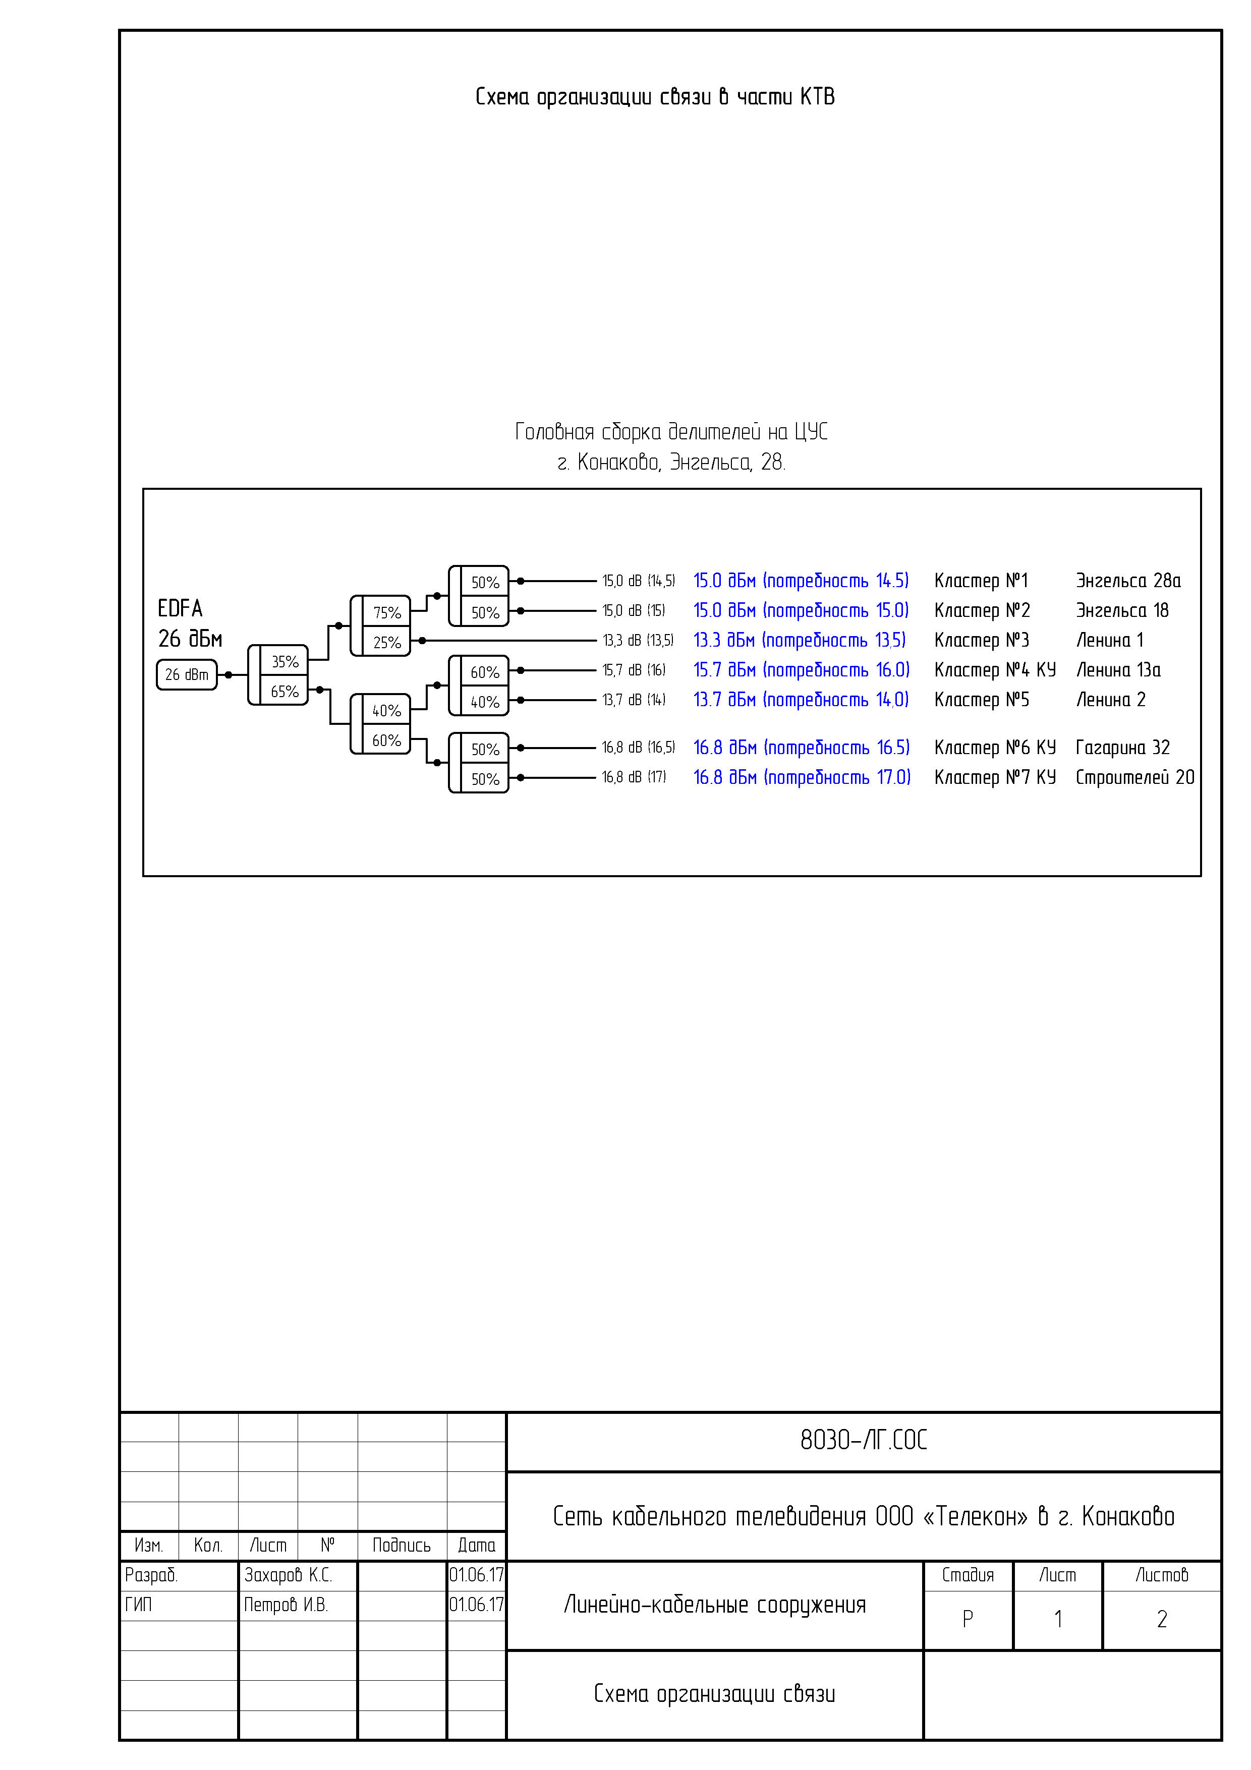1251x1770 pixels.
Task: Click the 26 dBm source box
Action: click(x=187, y=674)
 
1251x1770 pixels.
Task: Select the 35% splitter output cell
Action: click(x=285, y=661)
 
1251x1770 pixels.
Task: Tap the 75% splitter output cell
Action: click(x=386, y=612)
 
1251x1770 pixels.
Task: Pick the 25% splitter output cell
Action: click(x=386, y=642)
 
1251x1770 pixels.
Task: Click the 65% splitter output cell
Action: click(x=285, y=692)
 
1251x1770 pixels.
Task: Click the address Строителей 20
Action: click(x=1134, y=777)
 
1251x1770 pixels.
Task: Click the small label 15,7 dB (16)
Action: click(x=633, y=670)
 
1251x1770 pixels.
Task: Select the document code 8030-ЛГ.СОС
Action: click(x=863, y=1440)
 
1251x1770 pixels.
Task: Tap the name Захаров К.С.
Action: click(x=288, y=1575)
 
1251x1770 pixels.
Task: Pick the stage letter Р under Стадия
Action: click(x=968, y=1619)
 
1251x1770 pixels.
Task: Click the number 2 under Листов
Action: click(x=1162, y=1619)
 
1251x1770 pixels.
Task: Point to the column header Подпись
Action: click(x=401, y=1545)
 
